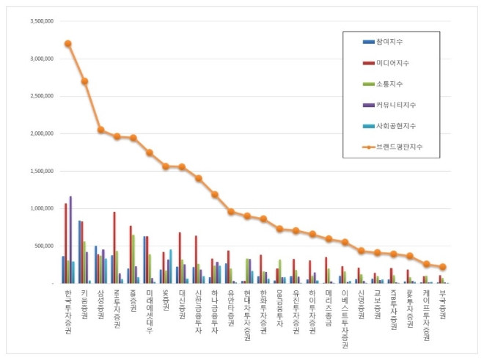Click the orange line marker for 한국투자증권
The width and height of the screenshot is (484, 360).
click(68, 43)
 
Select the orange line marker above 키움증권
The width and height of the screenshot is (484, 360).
click(84, 81)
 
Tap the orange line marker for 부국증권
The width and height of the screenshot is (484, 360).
click(442, 267)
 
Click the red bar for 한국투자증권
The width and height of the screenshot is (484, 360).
click(65, 243)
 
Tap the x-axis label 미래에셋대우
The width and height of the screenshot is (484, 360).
click(149, 310)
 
